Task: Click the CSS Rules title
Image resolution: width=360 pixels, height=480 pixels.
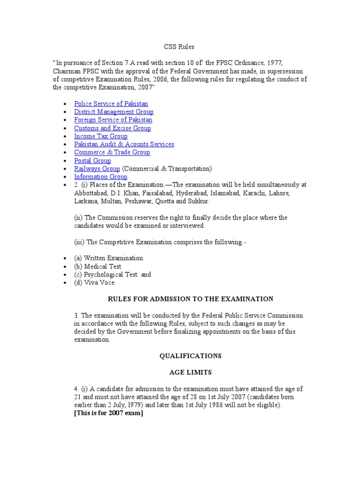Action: point(179,47)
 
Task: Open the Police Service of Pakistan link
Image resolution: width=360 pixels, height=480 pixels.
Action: point(111,104)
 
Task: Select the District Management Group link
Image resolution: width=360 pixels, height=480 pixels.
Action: point(113,112)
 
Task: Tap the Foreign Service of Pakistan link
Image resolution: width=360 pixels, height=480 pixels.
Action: point(112,120)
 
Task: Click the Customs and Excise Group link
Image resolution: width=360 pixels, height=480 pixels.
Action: point(112,128)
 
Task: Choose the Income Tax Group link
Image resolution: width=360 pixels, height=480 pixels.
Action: point(101,136)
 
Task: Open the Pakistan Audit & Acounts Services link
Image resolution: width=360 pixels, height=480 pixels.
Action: point(124,144)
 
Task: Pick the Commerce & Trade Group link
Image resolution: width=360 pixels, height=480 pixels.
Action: point(112,152)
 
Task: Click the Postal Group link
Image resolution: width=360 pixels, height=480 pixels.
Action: point(92,161)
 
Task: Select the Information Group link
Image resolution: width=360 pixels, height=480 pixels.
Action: point(100,177)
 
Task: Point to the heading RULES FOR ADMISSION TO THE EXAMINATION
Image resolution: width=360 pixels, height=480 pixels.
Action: point(190,299)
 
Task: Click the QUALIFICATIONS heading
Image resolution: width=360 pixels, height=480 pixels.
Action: point(190,356)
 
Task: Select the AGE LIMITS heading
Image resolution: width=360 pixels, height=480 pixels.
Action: point(190,372)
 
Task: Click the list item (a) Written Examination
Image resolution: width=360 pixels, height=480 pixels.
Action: point(108,258)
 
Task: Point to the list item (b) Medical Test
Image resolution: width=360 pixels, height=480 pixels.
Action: point(97,266)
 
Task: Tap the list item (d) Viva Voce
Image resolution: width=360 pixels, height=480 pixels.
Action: point(95,283)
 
